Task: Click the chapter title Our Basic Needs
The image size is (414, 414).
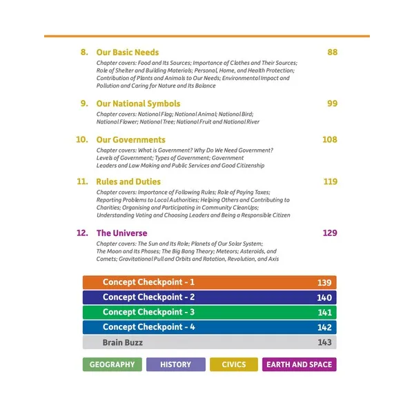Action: pyautogui.click(x=128, y=52)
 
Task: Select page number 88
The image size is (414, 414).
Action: pyautogui.click(x=332, y=52)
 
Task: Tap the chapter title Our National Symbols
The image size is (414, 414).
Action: pyautogui.click(x=138, y=103)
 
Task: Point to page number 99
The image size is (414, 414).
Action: pyautogui.click(x=332, y=103)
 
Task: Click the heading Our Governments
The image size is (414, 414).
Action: pyautogui.click(x=131, y=139)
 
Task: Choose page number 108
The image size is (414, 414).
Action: pyautogui.click(x=330, y=139)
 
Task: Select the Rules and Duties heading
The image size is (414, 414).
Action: pyautogui.click(x=128, y=182)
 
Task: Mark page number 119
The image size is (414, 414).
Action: pyautogui.click(x=330, y=182)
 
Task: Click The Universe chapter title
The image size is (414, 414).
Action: pyautogui.click(x=122, y=233)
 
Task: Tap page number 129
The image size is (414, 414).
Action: pyautogui.click(x=330, y=233)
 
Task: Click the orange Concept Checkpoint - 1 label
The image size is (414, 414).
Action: pyautogui.click(x=148, y=282)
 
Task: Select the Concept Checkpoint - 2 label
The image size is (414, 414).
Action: pyautogui.click(x=148, y=297)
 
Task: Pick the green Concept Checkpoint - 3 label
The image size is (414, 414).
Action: pyautogui.click(x=148, y=313)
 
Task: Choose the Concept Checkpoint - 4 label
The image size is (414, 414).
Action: pyautogui.click(x=148, y=327)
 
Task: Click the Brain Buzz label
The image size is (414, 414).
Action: pyautogui.click(x=123, y=342)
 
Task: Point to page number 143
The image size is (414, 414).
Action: pyautogui.click(x=324, y=342)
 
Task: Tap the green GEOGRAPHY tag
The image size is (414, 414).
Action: pyautogui.click(x=112, y=364)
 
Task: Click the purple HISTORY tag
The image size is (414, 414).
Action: pyautogui.click(x=175, y=364)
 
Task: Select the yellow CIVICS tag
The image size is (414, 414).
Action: pyautogui.click(x=234, y=364)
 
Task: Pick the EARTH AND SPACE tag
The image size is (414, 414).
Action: pyautogui.click(x=299, y=364)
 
